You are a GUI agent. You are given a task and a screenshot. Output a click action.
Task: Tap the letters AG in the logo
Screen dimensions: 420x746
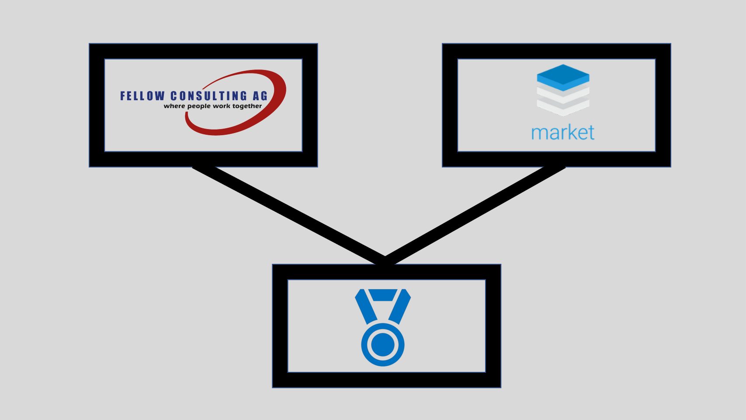(260, 96)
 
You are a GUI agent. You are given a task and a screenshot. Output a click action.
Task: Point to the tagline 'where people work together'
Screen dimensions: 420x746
(213, 106)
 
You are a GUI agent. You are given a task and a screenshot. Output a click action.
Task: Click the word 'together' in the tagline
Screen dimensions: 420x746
(247, 106)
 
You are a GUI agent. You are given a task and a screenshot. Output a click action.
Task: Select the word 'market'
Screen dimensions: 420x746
(563, 132)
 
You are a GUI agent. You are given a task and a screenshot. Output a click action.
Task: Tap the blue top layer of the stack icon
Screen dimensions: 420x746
(563, 77)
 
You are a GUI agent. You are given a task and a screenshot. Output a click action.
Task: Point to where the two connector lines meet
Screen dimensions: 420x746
(385, 260)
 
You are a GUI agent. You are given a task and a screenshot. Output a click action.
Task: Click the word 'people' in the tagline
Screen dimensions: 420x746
(199, 106)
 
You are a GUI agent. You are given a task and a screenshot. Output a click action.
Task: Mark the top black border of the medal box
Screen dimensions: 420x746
(386, 272)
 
